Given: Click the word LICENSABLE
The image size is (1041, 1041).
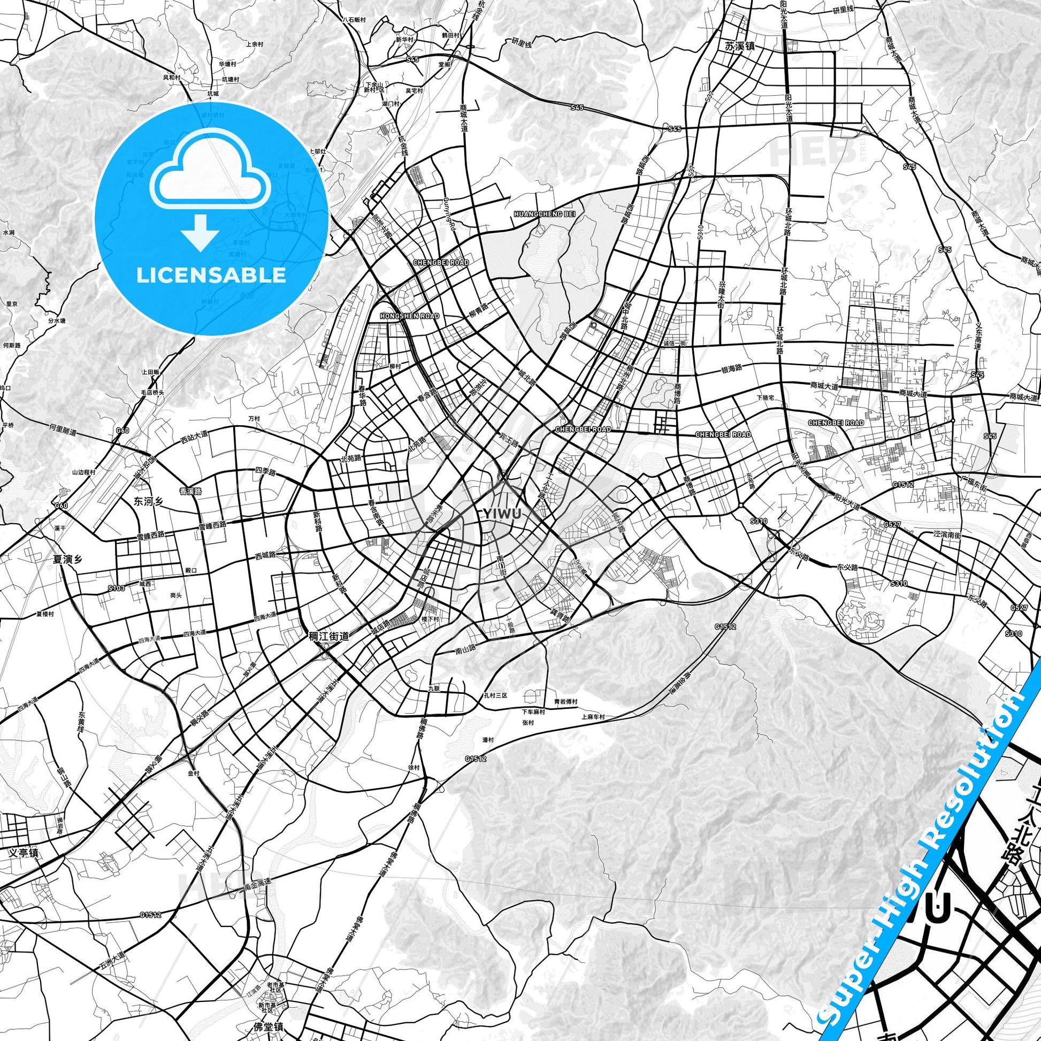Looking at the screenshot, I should (x=212, y=275).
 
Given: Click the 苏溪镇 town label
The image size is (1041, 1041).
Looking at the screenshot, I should (x=740, y=46).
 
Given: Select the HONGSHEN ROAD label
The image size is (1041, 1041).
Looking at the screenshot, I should (x=410, y=316).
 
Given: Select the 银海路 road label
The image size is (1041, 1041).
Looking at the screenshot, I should (x=732, y=368).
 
